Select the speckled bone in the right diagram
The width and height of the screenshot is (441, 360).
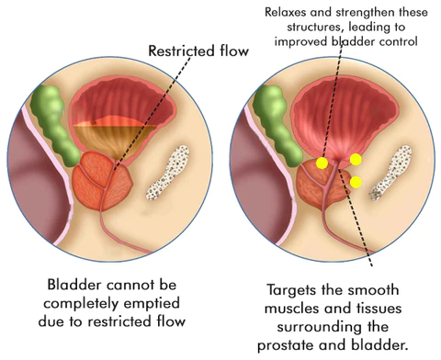[392, 175]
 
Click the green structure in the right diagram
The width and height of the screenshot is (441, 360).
[271, 119]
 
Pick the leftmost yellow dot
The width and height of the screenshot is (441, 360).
[322, 163]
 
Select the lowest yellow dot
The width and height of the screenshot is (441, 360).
[356, 182]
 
